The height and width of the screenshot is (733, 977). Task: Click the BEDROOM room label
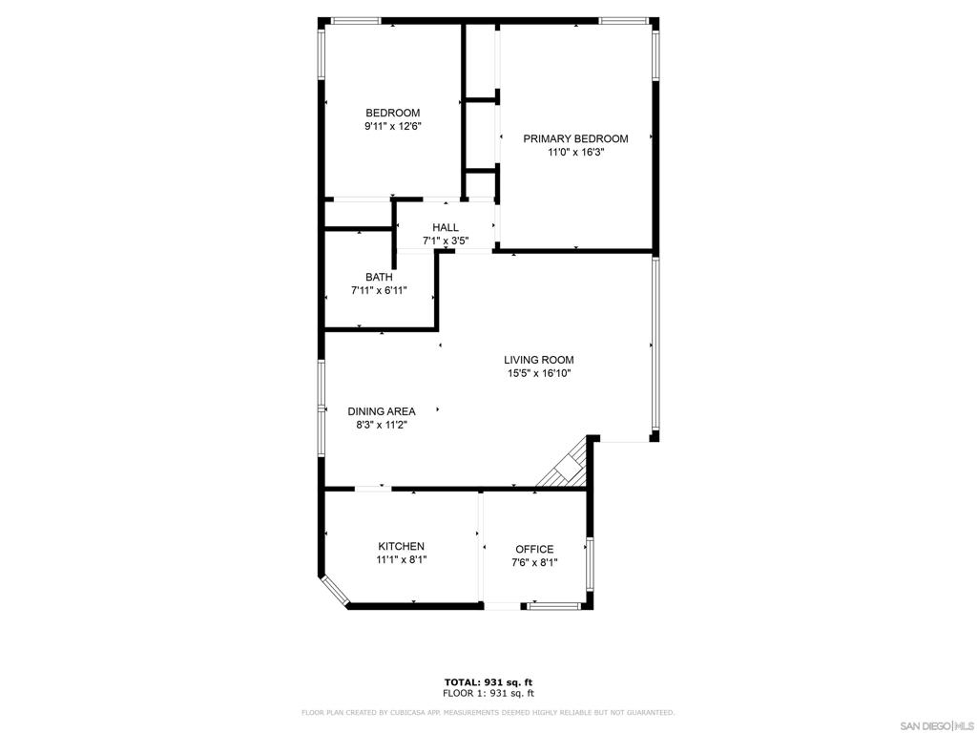tap(392, 113)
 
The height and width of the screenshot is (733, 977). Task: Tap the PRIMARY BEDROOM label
tap(575, 138)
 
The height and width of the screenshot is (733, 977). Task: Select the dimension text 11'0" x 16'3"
tap(575, 152)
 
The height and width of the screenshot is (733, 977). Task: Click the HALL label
tap(446, 227)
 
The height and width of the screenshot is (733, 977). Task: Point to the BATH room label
tap(379, 278)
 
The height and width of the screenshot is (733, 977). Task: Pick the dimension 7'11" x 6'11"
tap(379, 291)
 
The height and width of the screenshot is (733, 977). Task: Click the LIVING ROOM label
tap(539, 360)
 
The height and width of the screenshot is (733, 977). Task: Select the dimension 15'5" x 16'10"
tap(539, 374)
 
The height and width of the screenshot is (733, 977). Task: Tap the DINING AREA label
tap(382, 411)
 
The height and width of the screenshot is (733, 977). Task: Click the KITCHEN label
tap(401, 547)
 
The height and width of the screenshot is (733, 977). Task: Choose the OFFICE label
tap(534, 549)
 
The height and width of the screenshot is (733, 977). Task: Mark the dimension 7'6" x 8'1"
tap(534, 563)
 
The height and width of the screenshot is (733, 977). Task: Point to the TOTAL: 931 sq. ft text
tap(488, 681)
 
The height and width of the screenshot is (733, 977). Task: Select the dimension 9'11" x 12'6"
tap(392, 126)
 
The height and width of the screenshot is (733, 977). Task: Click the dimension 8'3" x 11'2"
tap(382, 426)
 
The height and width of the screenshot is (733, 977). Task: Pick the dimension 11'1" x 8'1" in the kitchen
tap(401, 560)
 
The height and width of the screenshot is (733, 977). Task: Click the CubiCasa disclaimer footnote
tap(488, 712)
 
